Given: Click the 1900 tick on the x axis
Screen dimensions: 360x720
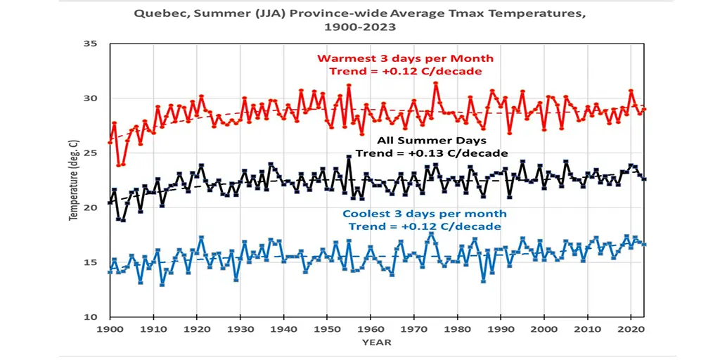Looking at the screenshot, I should [x=109, y=329].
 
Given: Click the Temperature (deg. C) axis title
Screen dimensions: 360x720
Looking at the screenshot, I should [x=72, y=181].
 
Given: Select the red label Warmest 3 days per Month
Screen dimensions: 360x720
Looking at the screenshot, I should [x=405, y=58].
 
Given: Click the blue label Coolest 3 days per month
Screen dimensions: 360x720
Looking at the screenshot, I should [x=425, y=214].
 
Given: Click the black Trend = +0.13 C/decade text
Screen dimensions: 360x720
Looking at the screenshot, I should [x=432, y=153].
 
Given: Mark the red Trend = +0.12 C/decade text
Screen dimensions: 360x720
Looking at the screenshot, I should [x=405, y=71].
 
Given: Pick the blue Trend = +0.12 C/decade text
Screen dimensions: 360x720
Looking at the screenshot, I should [x=425, y=226].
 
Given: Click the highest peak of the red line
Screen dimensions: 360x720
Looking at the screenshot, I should [x=435, y=83].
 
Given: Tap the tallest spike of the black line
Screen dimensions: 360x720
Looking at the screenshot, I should [x=348, y=157].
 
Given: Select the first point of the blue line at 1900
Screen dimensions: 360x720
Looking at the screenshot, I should [x=109, y=272].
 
